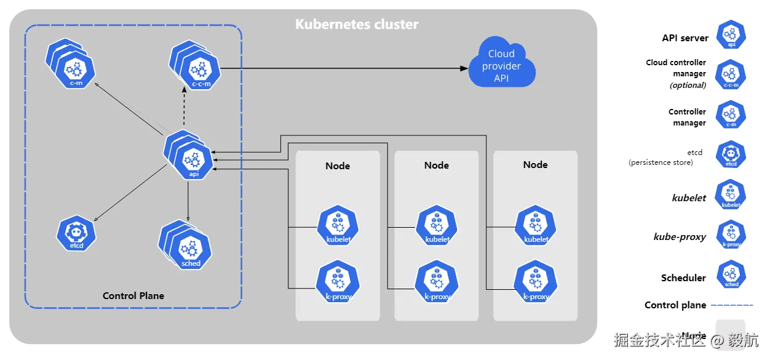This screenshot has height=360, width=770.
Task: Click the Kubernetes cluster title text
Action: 357,25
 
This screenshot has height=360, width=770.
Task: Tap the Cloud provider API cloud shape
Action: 502,66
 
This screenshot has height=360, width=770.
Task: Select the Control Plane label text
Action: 133,295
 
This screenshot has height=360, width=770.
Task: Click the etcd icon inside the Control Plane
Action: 77,233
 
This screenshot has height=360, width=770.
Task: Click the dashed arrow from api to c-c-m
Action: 185,108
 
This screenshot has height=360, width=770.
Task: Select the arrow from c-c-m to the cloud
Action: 344,68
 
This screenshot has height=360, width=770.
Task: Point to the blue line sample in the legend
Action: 732,305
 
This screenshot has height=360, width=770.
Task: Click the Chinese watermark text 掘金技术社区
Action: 658,339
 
